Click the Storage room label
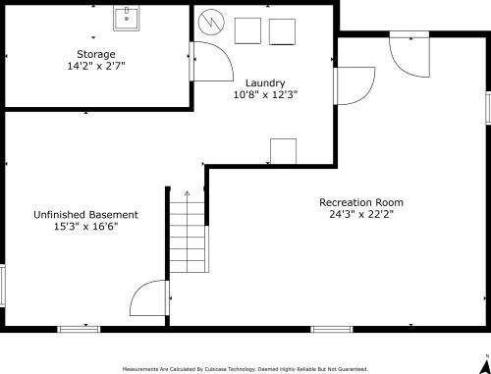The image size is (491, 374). point(96,54)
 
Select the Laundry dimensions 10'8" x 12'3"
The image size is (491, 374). point(265,95)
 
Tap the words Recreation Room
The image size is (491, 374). point(361,202)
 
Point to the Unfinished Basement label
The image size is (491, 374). point(85,215)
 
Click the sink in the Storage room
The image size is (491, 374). point(127,19)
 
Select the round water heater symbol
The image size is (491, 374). point(211,23)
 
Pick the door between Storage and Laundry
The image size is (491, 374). point(211,61)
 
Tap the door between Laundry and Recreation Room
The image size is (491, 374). point(355,85)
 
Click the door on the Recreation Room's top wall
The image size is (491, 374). point(409,54)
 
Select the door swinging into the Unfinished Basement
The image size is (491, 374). point(149,297)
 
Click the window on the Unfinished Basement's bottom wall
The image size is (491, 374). point(79,329)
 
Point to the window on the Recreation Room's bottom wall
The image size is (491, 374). point(332,329)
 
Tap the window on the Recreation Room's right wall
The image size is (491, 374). point(488,108)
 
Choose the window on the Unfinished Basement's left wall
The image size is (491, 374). point(3,286)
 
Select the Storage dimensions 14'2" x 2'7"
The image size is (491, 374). point(96,66)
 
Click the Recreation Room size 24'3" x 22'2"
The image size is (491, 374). point(361,214)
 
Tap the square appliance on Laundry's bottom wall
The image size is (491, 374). point(284,151)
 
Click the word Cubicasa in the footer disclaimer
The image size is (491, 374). point(216,369)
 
